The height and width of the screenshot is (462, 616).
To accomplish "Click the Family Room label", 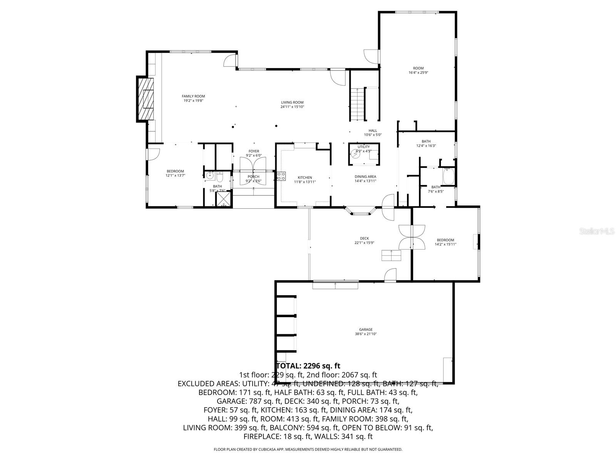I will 193,96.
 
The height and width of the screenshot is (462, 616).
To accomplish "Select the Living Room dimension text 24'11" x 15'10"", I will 292,107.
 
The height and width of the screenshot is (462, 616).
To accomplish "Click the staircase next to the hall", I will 357,104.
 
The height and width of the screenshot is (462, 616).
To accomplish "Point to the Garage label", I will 366,330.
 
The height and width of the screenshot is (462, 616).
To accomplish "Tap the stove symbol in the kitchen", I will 281,176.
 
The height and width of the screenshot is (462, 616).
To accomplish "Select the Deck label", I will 364,239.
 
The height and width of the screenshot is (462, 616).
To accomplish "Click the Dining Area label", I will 365,177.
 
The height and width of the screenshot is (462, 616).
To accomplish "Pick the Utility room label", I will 363,147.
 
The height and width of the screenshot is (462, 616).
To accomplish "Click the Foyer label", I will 254,151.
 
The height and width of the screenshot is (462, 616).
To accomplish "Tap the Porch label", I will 253,177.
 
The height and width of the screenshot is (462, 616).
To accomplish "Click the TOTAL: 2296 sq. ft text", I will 308,366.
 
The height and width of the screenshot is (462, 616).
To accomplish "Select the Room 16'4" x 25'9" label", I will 418,69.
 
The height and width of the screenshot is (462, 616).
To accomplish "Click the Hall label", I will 373,131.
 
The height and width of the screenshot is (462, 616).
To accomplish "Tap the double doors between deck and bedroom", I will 412,236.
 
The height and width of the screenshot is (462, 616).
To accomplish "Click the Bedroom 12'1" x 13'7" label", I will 175,171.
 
